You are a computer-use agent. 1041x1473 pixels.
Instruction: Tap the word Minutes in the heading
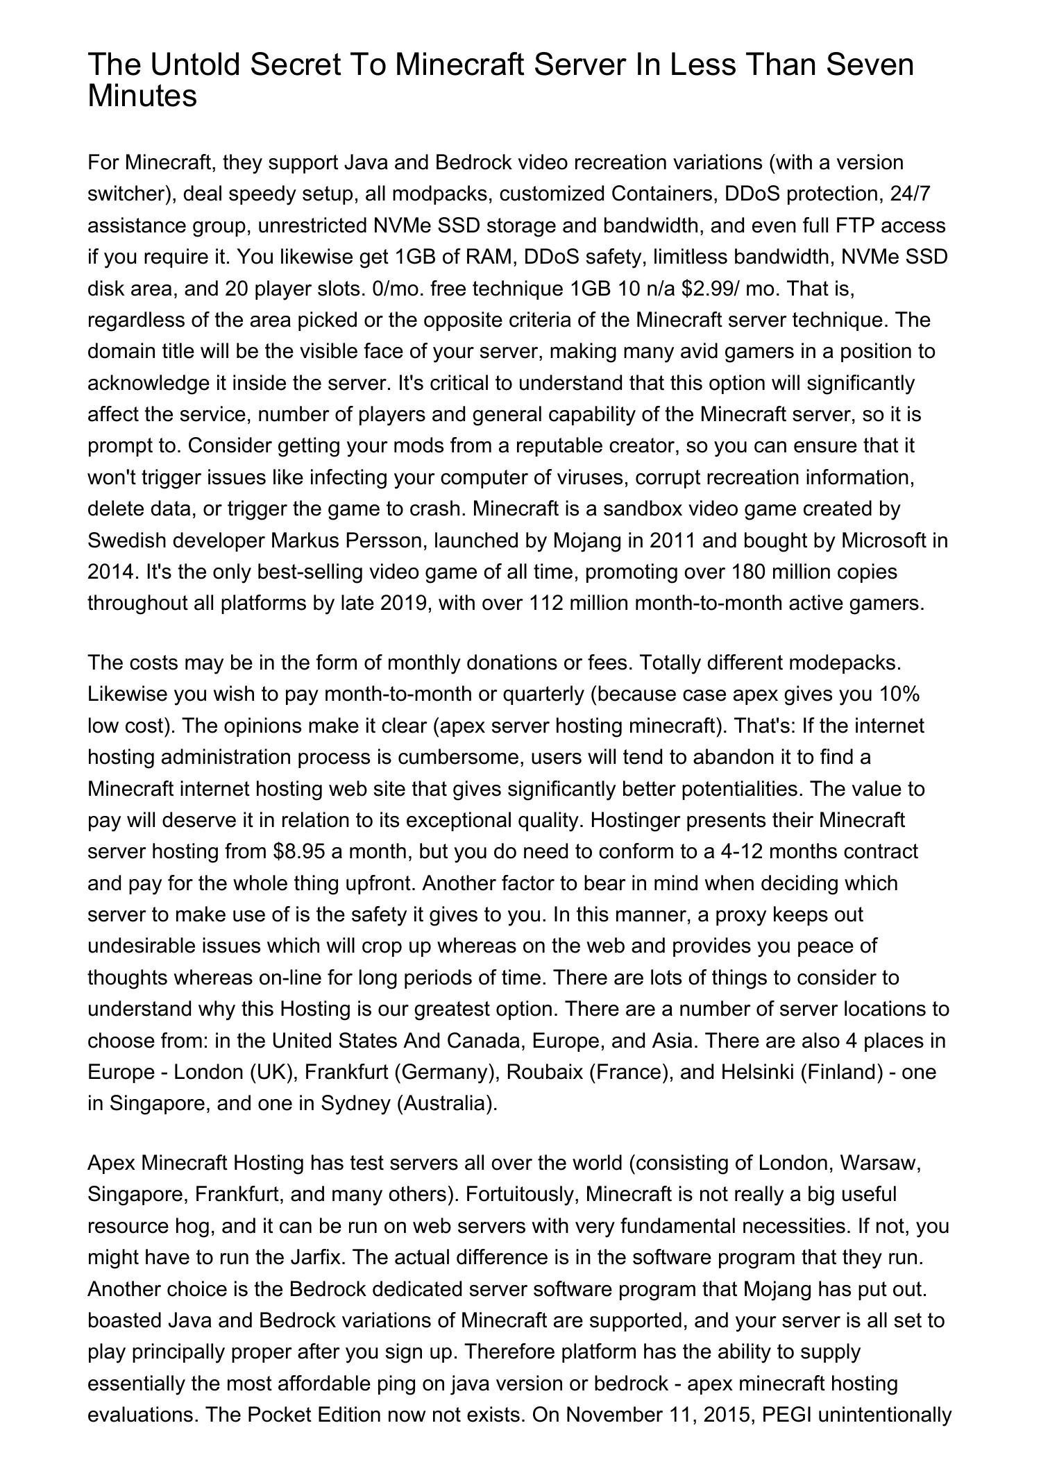click(142, 96)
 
